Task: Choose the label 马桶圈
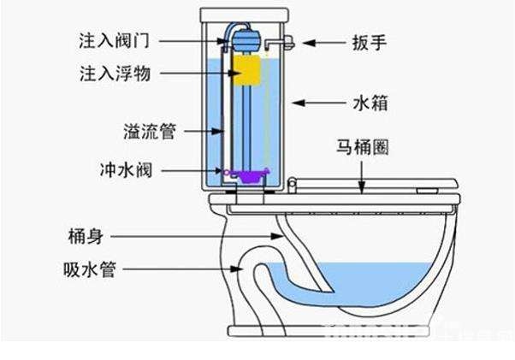pyautogui.click(x=369, y=146)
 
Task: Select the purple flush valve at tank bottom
pyautogui.click(x=249, y=176)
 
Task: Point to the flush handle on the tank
pyautogui.click(x=287, y=39)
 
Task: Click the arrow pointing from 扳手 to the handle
pyautogui.click(x=321, y=40)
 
